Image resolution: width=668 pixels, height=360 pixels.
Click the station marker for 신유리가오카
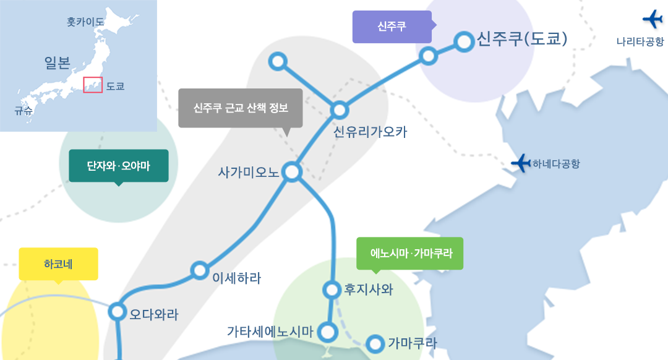pos(340,110)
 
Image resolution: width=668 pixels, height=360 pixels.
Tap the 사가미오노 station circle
pos(292,172)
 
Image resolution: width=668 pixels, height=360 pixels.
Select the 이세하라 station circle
pos(199,270)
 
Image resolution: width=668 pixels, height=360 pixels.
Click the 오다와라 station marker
pos(117,311)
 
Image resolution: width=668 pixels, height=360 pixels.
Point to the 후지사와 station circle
pos(332,289)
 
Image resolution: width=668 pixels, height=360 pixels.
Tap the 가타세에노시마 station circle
pos(328,332)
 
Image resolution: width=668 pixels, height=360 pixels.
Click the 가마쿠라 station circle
pos(375,343)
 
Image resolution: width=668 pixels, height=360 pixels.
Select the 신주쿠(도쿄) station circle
pos(464,41)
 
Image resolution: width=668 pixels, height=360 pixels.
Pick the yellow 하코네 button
pos(58,265)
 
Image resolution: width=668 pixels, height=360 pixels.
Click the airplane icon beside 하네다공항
pos(521,163)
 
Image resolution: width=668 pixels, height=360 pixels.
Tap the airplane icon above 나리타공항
pos(653,19)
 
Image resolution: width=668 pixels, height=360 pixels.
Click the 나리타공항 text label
pos(640,41)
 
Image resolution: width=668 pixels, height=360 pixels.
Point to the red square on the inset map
pos(92,84)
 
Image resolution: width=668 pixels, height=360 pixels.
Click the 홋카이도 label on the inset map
pos(85,22)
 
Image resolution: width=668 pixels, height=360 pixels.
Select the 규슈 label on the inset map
pos(24,111)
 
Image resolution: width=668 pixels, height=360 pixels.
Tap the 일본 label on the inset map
pos(58,63)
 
